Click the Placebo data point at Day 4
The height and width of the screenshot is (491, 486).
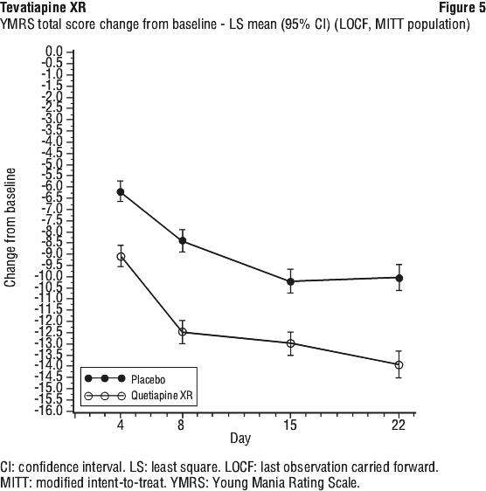(x=121, y=191)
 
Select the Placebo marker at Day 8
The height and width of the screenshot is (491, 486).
(x=183, y=240)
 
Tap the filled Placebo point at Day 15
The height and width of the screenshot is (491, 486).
(x=290, y=281)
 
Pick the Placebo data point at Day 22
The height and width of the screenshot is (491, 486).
(x=399, y=278)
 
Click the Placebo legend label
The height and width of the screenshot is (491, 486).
(x=149, y=379)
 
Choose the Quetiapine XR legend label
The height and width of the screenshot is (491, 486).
(x=162, y=395)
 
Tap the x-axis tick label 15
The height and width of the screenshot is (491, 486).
(x=290, y=425)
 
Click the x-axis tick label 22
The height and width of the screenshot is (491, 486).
(x=399, y=425)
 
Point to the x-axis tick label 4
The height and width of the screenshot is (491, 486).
(x=121, y=425)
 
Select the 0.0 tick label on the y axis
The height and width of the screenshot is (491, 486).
(x=54, y=51)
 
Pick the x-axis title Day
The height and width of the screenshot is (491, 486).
(x=240, y=439)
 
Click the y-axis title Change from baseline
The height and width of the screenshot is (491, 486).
(x=10, y=228)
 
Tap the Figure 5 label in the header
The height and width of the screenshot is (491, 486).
(x=462, y=8)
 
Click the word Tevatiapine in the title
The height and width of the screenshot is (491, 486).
(x=30, y=8)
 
